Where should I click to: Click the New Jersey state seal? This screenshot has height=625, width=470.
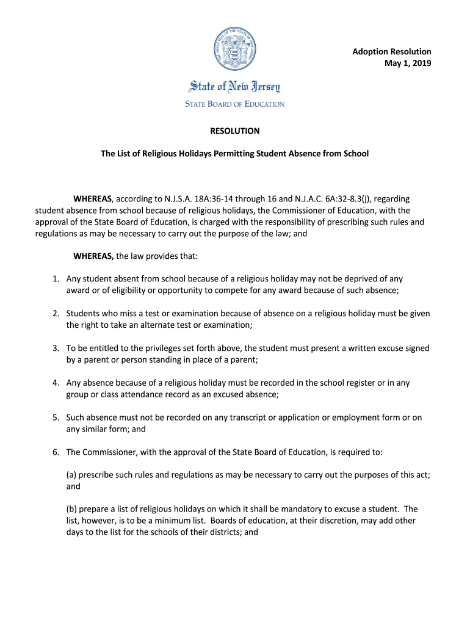click(x=235, y=51)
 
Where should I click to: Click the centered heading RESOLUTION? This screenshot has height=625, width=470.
click(x=235, y=131)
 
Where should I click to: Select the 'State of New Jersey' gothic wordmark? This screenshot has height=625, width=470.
click(x=235, y=86)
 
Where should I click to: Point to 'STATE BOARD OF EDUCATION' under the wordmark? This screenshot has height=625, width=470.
click(x=235, y=104)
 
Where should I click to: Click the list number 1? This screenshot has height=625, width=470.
click(x=56, y=279)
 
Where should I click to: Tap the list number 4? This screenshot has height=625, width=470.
click(x=56, y=383)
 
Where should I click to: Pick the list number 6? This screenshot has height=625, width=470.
click(x=56, y=452)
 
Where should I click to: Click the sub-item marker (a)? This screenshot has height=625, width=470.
click(x=72, y=475)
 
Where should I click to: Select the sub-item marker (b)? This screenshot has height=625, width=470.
click(x=72, y=509)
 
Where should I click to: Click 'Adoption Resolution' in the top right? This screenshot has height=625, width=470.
click(x=391, y=52)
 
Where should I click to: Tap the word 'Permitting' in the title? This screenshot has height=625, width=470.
click(x=236, y=153)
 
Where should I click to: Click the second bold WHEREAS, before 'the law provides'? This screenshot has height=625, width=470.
click(x=93, y=256)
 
